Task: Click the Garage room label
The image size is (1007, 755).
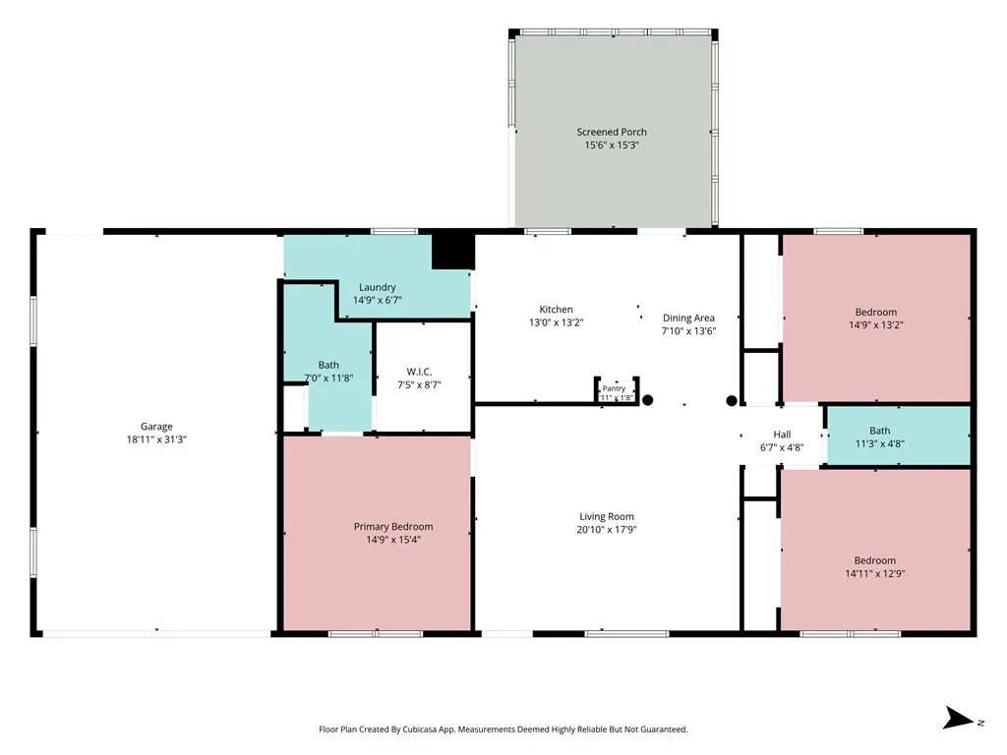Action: tap(156, 427)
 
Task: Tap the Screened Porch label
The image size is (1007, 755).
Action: tap(612, 132)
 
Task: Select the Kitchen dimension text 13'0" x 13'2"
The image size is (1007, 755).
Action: tap(557, 322)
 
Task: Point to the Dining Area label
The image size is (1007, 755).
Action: tap(688, 318)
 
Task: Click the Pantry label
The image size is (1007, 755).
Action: tap(614, 388)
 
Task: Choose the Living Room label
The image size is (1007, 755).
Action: tap(606, 516)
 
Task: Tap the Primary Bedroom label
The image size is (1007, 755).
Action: tap(393, 527)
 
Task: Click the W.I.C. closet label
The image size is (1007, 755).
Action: tap(419, 372)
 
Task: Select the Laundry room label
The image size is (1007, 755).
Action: tap(377, 287)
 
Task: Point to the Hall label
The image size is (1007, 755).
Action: tap(782, 435)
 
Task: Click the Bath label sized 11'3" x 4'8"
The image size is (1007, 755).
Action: tap(880, 431)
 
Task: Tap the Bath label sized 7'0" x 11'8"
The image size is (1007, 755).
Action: tap(328, 365)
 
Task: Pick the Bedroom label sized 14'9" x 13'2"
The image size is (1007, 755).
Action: tap(876, 312)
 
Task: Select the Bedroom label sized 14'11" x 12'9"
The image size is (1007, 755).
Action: tap(874, 560)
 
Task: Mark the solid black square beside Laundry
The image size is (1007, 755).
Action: tap(452, 252)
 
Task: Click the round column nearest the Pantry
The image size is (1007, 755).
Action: tap(647, 400)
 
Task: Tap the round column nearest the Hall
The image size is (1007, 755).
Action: tap(732, 401)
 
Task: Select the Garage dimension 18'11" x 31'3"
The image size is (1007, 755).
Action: tap(156, 439)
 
